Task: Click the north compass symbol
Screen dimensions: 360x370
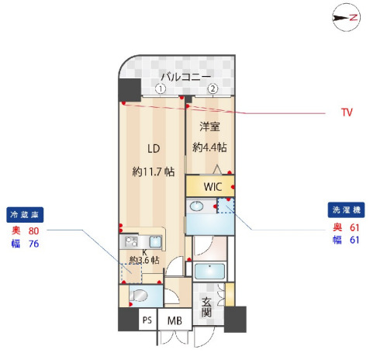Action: tap(345, 17)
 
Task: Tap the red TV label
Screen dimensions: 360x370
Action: tap(347, 112)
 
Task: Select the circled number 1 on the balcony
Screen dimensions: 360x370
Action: tap(160, 88)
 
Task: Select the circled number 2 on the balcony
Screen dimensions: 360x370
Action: tap(212, 88)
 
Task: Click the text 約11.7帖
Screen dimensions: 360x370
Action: tap(153, 171)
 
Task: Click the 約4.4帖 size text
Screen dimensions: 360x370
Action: tap(209, 147)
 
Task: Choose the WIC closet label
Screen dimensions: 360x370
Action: tap(213, 187)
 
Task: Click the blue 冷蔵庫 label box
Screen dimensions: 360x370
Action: tap(23, 214)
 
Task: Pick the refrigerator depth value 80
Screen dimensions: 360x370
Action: tap(33, 230)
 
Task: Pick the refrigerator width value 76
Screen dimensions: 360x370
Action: tap(33, 244)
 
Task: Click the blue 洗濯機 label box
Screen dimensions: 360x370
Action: tap(346, 210)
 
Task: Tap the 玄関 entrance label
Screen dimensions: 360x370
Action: tap(207, 307)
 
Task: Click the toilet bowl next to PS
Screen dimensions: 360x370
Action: tap(140, 296)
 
